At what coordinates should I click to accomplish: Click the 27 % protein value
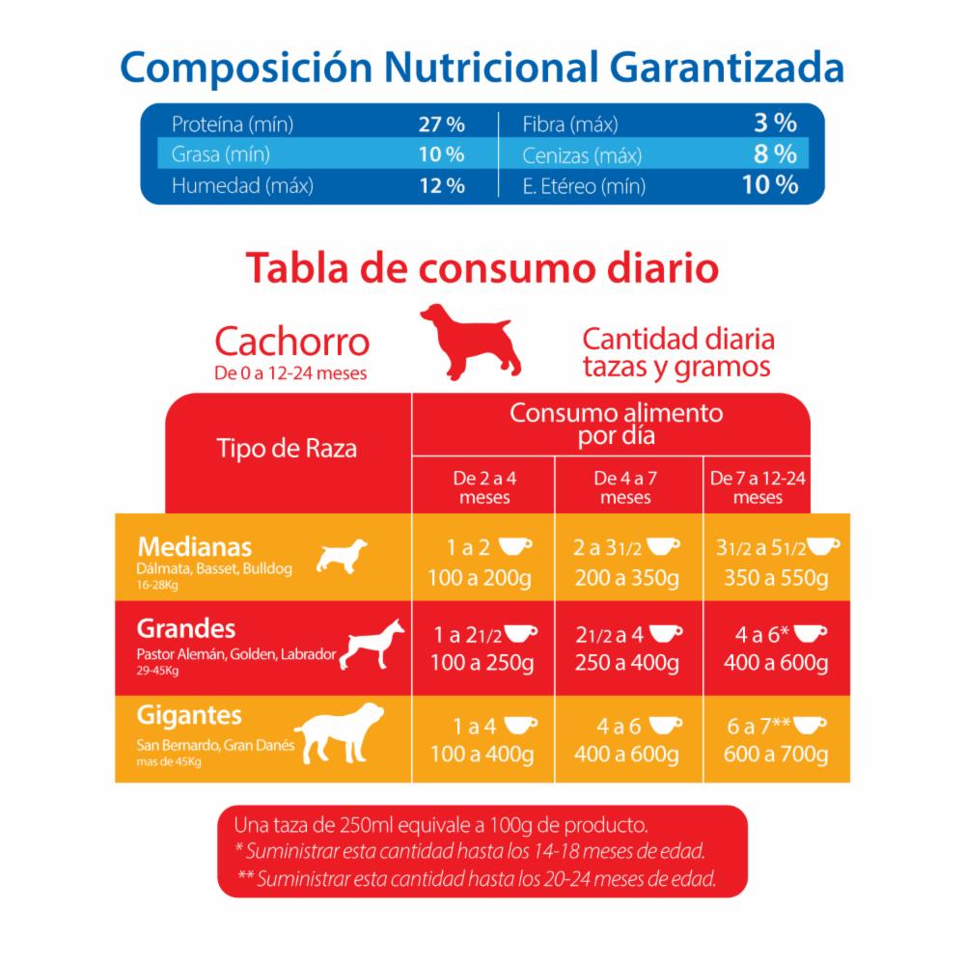pos(441,124)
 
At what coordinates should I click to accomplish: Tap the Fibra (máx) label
pos(570,124)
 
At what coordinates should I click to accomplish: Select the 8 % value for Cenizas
pos(774,153)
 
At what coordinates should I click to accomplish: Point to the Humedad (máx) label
pos(241,185)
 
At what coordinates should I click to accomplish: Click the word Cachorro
pos(291,342)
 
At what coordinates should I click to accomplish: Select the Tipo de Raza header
pos(287,449)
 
